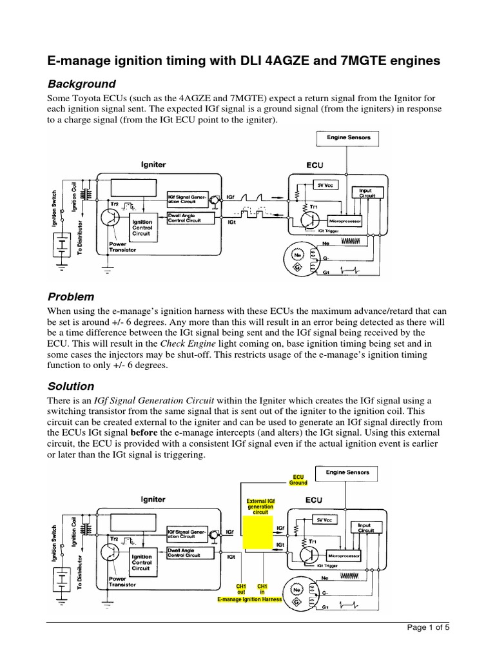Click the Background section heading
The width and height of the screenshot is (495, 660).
[x=82, y=84]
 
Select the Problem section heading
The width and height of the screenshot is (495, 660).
[x=72, y=297]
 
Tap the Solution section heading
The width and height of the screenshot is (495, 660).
[x=72, y=387]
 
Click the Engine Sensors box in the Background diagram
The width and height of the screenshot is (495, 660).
[x=347, y=137]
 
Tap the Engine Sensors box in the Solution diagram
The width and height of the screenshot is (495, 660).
[x=347, y=472]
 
